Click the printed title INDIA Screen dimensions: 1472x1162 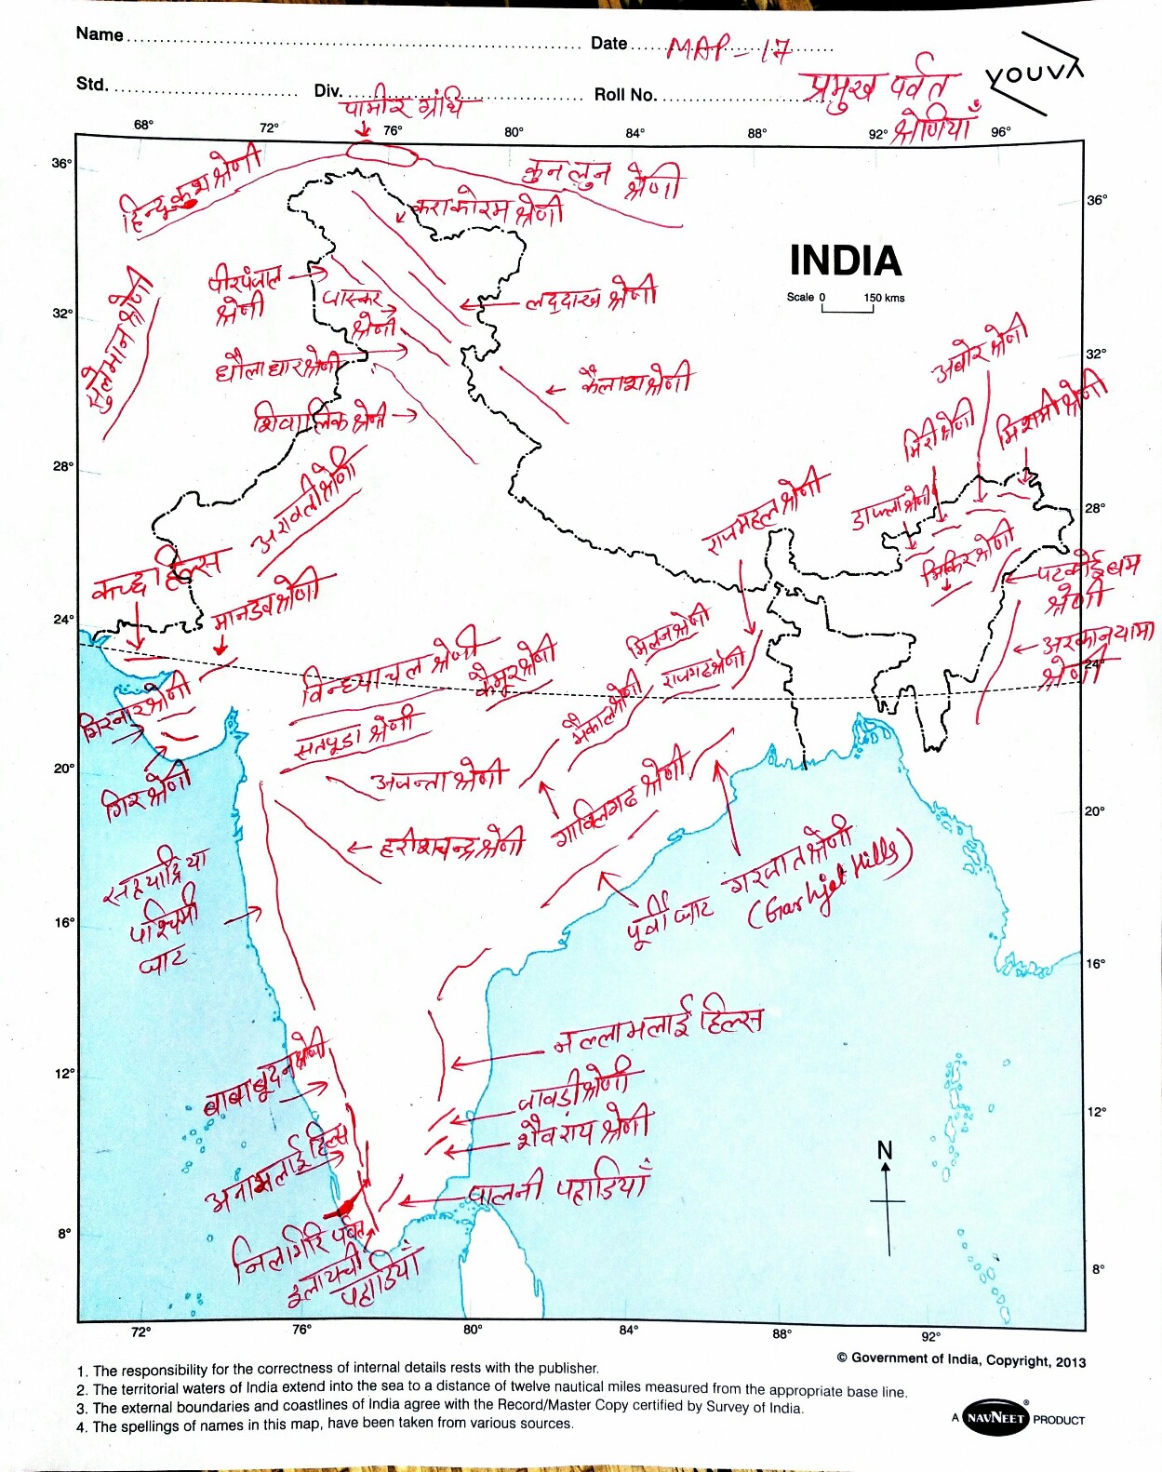(x=845, y=261)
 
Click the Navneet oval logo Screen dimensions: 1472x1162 (x=995, y=1418)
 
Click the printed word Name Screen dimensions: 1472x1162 (x=100, y=34)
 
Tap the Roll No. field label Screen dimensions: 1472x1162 (x=625, y=95)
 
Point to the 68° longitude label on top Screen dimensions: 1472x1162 (x=143, y=125)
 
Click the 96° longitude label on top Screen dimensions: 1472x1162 (x=999, y=132)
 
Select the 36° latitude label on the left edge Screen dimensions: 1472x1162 (x=61, y=164)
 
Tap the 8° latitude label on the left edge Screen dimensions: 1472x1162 (x=63, y=1234)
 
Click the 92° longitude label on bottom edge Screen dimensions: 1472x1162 (x=931, y=1336)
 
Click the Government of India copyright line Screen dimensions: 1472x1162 (x=961, y=1359)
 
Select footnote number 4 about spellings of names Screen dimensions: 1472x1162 (x=326, y=1425)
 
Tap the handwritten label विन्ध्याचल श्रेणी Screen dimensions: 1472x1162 (x=391, y=668)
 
